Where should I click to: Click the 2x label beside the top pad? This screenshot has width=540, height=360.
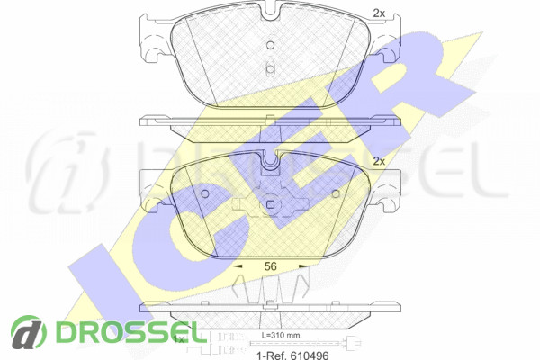[x=379, y=13]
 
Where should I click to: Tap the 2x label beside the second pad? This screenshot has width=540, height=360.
[x=379, y=161]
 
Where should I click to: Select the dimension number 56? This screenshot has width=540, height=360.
[x=270, y=266]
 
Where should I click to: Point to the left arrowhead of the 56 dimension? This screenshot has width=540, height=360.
[x=238, y=266]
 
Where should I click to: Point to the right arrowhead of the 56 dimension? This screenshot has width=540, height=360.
[x=303, y=266]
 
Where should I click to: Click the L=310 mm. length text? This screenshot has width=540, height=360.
[x=282, y=335]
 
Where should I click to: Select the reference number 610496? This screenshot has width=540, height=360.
[x=310, y=355]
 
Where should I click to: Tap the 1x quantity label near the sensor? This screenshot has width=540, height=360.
[x=180, y=339]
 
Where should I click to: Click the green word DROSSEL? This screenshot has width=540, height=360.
[x=127, y=332]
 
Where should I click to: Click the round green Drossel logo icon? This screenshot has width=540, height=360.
[x=29, y=332]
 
